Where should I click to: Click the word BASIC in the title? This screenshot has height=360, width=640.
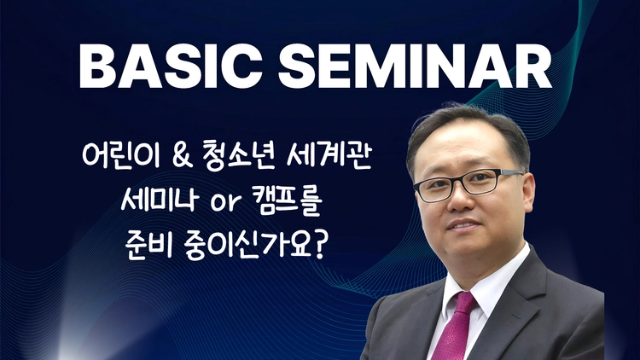tap(170, 67)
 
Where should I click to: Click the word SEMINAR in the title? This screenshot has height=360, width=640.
tap(415, 67)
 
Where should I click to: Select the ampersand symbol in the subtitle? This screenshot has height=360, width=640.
tap(183, 156)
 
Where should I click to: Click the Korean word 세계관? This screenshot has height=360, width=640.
tap(329, 155)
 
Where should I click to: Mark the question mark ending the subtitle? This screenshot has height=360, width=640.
tap(318, 244)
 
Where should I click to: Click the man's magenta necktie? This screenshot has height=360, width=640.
tap(455, 327)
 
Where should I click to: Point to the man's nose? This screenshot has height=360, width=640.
tap(459, 199)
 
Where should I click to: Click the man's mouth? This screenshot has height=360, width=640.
tap(463, 225)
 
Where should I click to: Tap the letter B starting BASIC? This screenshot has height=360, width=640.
tap(96, 67)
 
